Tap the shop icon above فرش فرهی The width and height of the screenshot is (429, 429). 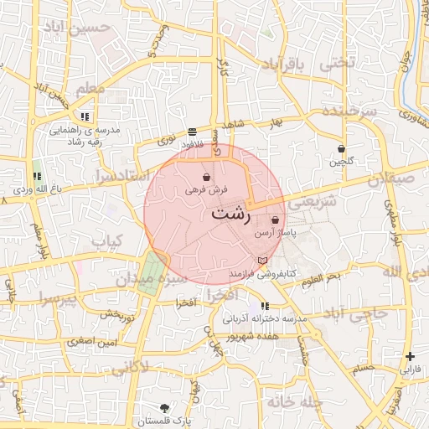[x=206, y=178]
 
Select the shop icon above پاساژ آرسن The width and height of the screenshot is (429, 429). [x=275, y=220]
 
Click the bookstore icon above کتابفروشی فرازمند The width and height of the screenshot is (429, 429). [x=264, y=261]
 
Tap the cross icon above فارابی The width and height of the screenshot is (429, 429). [x=410, y=356]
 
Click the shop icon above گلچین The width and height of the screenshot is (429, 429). [x=342, y=149]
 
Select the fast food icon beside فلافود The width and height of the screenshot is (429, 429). [x=193, y=132]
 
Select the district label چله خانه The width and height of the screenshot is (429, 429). [x=292, y=402]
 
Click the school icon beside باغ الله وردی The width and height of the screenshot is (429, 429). [x=37, y=176]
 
